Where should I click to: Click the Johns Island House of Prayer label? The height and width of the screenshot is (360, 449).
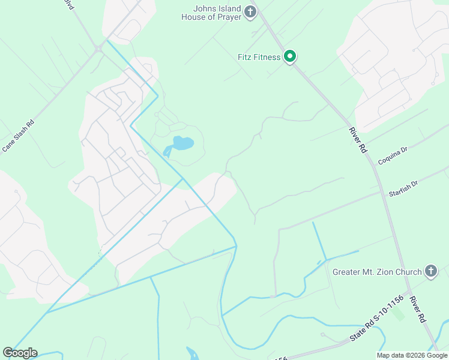(211, 13)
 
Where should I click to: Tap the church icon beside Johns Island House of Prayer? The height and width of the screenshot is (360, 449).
(251, 12)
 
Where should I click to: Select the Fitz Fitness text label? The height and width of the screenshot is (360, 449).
(259, 57)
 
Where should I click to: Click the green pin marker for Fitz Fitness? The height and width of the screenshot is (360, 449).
(290, 57)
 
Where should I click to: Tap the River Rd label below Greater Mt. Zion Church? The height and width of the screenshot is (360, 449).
(418, 309)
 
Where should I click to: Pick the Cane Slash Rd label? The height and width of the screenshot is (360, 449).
(18, 135)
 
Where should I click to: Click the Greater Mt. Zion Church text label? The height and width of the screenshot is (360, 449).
(378, 272)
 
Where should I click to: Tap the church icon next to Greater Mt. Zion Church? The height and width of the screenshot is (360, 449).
(430, 272)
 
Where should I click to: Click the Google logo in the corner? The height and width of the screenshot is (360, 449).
(20, 353)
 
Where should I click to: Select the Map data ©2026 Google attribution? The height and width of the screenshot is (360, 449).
(412, 355)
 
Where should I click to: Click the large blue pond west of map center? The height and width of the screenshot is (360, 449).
(182, 143)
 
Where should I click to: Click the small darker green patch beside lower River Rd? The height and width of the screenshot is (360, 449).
(399, 314)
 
